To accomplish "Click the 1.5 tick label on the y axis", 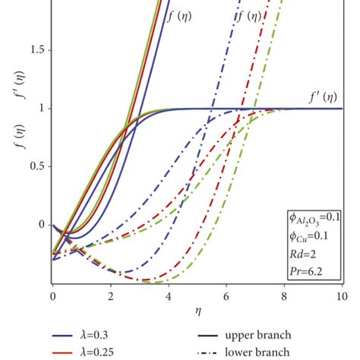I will [x=31, y=50].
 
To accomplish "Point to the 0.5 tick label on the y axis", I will [x=31, y=167].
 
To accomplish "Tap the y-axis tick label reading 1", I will [x=36, y=109].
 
